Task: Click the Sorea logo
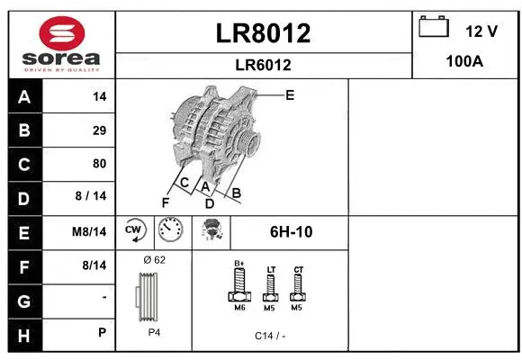tap(61, 43)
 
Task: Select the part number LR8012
tap(263, 33)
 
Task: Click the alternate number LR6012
tap(263, 65)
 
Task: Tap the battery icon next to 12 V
tap(434, 28)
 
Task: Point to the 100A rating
tap(465, 61)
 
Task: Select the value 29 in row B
tap(99, 130)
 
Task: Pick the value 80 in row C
tap(99, 164)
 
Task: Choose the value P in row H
tap(102, 332)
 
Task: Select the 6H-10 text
tap(291, 231)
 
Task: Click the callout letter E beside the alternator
tap(289, 94)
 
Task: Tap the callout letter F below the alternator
tap(165, 202)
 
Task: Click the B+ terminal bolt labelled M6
tap(239, 286)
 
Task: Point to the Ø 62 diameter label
tap(154, 259)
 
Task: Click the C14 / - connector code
tap(269, 336)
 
